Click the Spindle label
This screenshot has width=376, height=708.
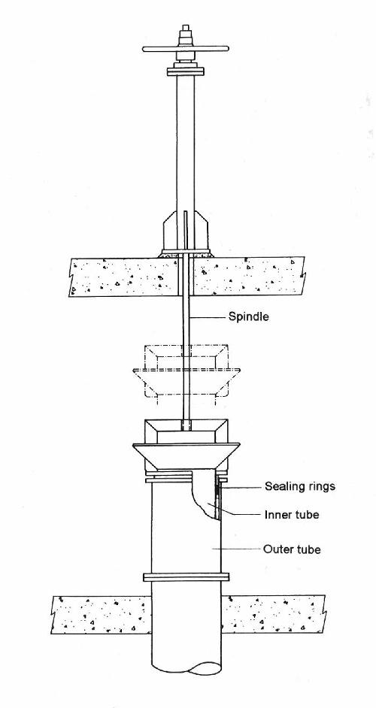(x=248, y=316)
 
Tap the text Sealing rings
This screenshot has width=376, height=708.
(x=299, y=486)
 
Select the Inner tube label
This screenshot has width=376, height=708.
(x=292, y=514)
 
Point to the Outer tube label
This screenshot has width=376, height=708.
(x=292, y=549)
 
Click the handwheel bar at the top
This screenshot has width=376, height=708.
(x=186, y=49)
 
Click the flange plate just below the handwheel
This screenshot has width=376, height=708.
(x=186, y=71)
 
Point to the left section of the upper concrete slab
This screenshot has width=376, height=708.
(x=122, y=277)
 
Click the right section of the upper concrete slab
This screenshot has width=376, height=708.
(x=250, y=276)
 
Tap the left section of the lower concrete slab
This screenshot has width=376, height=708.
(x=100, y=615)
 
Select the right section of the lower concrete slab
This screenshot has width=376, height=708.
(x=273, y=613)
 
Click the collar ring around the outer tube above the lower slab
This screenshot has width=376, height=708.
(x=186, y=576)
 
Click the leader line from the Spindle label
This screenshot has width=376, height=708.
(x=209, y=317)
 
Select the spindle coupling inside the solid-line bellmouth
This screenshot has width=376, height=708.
(x=186, y=425)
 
